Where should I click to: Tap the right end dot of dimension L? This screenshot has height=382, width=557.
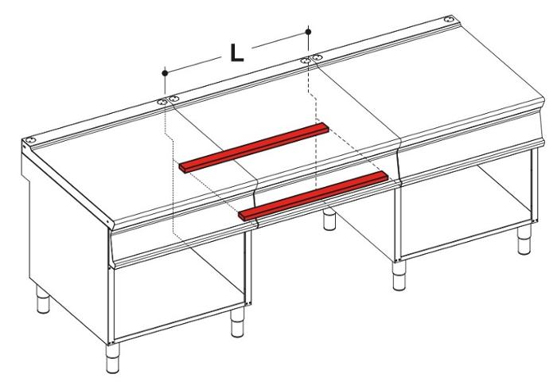tap(309, 31)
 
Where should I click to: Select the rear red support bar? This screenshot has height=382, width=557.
tap(253, 146)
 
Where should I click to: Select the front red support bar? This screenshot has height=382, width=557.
tap(314, 194)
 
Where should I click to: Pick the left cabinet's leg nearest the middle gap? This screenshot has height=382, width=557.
tap(236, 323)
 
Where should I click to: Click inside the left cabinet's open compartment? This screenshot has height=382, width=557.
tap(175, 294)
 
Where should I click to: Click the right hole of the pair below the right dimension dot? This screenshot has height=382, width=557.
tap(317, 57)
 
